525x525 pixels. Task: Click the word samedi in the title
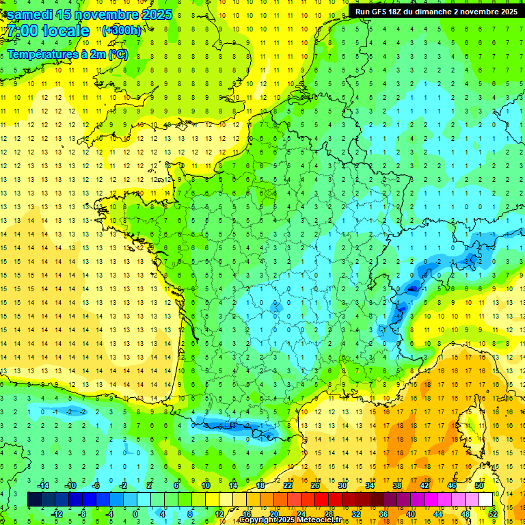click(x=31, y=14)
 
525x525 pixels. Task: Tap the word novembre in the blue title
click(x=107, y=14)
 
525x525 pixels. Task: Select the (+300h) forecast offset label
click(x=121, y=30)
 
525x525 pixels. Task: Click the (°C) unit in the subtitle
click(x=118, y=54)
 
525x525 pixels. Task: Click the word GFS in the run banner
click(x=384, y=11)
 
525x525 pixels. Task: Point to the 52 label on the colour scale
click(x=493, y=513)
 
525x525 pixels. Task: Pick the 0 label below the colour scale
click(x=136, y=513)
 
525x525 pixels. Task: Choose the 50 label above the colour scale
click(x=479, y=485)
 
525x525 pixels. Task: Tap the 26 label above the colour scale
click(x=314, y=485)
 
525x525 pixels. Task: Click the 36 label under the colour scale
click(x=383, y=513)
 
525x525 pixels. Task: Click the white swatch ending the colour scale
click(x=486, y=499)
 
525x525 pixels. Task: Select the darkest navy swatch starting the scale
click(x=34, y=499)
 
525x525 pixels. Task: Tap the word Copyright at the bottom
click(x=258, y=520)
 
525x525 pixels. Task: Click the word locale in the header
click(x=66, y=31)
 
